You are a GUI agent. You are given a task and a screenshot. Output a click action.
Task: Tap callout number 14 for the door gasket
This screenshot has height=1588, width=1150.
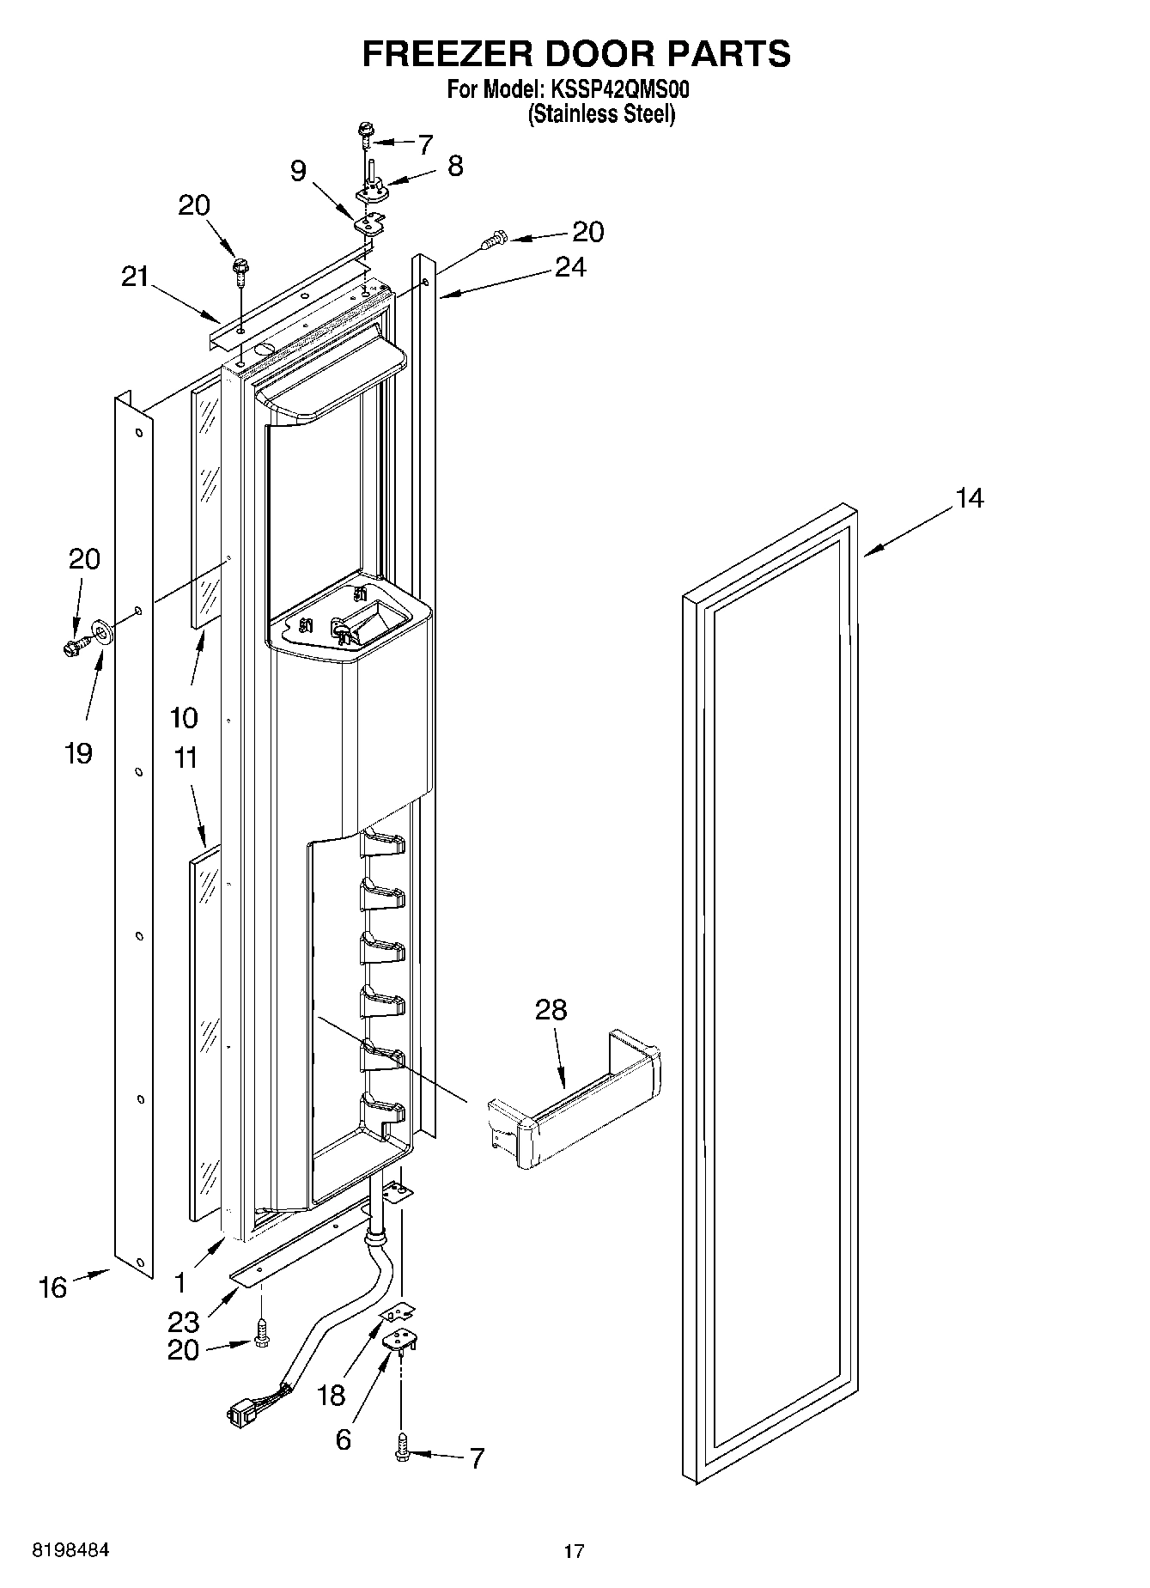pyautogui.click(x=970, y=498)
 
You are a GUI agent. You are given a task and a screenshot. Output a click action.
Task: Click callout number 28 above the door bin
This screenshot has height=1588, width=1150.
pyautogui.click(x=551, y=1010)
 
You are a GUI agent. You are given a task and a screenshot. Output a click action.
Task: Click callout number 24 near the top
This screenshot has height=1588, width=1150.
pyautogui.click(x=569, y=269)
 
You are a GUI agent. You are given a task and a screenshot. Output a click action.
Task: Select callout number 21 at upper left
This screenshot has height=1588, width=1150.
pyautogui.click(x=134, y=277)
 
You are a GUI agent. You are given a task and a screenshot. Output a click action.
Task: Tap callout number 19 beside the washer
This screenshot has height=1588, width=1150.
pyautogui.click(x=78, y=753)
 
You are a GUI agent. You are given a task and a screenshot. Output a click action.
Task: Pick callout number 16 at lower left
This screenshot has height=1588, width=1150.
pyautogui.click(x=52, y=1287)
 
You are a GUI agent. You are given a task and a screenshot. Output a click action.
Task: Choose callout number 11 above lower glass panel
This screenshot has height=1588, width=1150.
pyautogui.click(x=186, y=758)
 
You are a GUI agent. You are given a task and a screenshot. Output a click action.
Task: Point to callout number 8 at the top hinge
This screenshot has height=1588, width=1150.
pyautogui.click(x=455, y=166)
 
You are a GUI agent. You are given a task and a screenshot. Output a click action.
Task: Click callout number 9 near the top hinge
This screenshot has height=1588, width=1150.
pyautogui.click(x=297, y=171)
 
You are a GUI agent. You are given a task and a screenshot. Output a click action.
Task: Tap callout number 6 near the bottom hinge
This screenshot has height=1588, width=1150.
pyautogui.click(x=343, y=1439)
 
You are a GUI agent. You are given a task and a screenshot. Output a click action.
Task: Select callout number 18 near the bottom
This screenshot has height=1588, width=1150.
pyautogui.click(x=331, y=1395)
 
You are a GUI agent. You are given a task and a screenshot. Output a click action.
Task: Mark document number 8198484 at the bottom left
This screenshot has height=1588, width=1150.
pyautogui.click(x=70, y=1550)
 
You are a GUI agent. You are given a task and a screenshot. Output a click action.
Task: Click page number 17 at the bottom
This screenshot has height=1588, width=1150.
pyautogui.click(x=574, y=1550)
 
